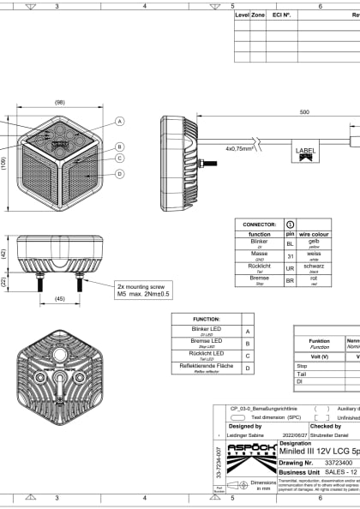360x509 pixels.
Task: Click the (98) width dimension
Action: (x=59, y=102)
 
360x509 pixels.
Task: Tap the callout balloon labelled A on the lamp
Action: (x=120, y=122)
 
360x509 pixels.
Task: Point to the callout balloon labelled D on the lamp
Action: (x=120, y=174)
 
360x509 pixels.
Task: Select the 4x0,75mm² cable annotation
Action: (x=241, y=147)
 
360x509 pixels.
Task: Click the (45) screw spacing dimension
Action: (x=59, y=299)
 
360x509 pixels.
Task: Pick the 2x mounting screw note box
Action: (x=145, y=290)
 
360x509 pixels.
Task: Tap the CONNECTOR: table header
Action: (x=259, y=224)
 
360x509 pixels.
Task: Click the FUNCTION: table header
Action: (x=207, y=318)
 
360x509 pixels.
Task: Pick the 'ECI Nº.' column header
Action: (x=281, y=15)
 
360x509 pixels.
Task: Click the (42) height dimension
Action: (x=4, y=254)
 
